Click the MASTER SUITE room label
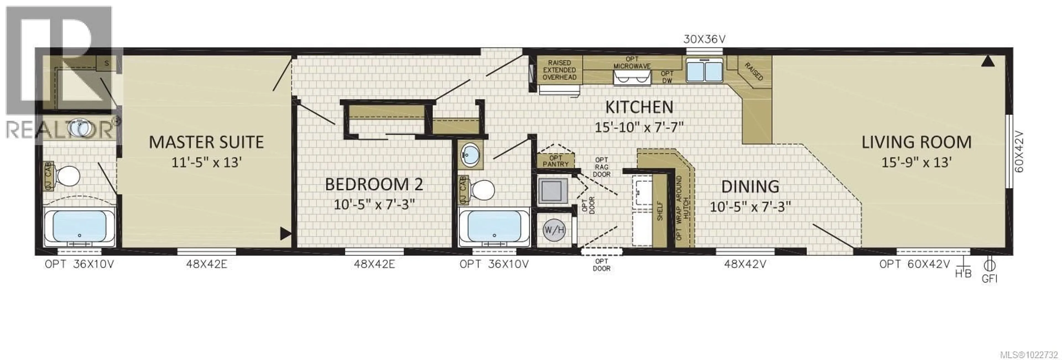(206, 142)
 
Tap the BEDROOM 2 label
(374, 184)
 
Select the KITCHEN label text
(639, 107)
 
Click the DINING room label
(750, 187)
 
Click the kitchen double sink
(705, 71)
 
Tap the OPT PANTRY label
(555, 161)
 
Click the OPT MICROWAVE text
(632, 63)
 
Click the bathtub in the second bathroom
(494, 228)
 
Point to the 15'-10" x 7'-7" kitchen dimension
(639, 127)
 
